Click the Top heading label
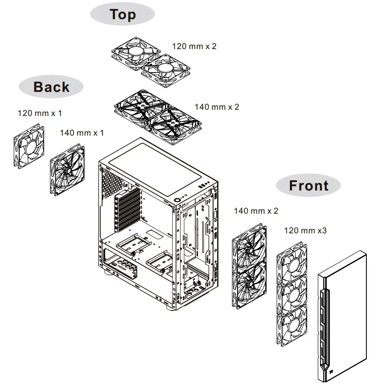[123, 14]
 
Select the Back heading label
[51, 87]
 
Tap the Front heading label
[308, 185]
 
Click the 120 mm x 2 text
[194, 46]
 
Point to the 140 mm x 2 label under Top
[217, 107]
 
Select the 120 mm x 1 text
[40, 113]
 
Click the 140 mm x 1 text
[82, 133]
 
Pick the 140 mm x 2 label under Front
[256, 211]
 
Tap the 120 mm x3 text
[305, 231]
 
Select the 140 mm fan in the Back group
[67, 170]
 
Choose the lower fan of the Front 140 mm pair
[250, 286]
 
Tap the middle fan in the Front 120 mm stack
[292, 295]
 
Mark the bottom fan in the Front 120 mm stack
[292, 328]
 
